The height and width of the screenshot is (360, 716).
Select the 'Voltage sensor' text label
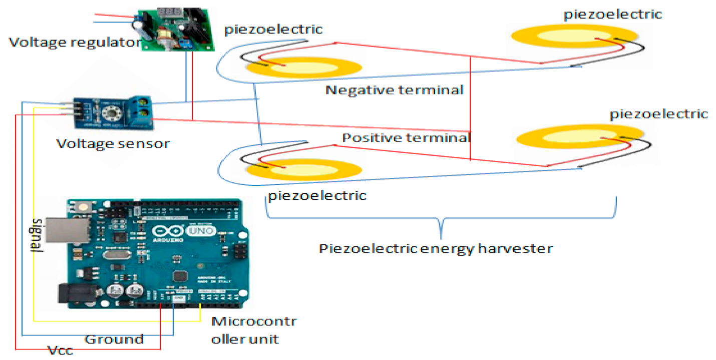tap(113, 144)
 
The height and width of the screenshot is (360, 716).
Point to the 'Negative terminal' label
tap(394, 90)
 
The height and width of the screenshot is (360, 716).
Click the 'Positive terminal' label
tap(406, 137)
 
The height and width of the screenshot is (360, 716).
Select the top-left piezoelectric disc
tap(303, 68)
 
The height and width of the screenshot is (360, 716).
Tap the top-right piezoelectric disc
tap(573, 36)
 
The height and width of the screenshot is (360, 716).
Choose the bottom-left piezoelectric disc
tap(303, 169)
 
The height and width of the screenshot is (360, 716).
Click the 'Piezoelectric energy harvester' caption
tap(436, 248)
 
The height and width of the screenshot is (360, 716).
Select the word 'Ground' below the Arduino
tap(114, 339)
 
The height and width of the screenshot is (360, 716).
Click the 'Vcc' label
tap(60, 350)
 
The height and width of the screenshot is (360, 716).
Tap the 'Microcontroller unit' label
tap(253, 329)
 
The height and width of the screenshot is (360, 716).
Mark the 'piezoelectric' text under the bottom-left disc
tap(317, 195)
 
